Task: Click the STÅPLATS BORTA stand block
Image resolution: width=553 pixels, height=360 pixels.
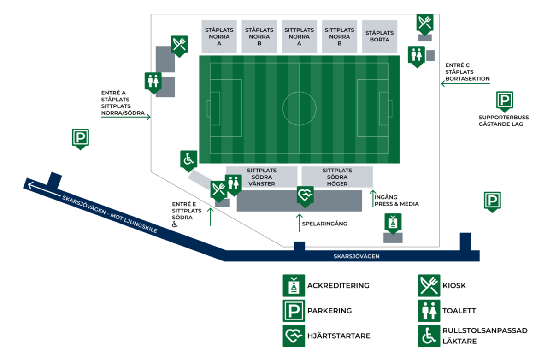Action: click(x=379, y=36)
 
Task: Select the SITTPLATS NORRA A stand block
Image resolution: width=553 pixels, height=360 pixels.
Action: click(x=299, y=36)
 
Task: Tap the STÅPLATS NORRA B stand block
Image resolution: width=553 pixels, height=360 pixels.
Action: click(x=259, y=36)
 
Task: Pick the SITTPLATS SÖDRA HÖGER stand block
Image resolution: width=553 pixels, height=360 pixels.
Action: click(x=337, y=177)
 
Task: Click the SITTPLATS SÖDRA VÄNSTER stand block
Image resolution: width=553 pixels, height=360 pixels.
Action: click(x=262, y=177)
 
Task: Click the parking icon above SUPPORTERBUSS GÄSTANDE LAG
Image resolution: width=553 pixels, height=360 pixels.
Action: click(x=505, y=101)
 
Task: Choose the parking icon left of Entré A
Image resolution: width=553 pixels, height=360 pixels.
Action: click(x=81, y=139)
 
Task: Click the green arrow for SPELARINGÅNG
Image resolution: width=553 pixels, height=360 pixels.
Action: click(x=299, y=223)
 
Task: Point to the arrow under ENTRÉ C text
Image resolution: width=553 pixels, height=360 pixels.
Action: click(x=465, y=84)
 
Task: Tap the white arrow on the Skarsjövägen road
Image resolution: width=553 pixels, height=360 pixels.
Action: click(x=44, y=190)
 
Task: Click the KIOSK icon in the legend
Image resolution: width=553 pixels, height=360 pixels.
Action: click(x=429, y=285)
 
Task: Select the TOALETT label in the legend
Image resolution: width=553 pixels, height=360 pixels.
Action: click(x=459, y=311)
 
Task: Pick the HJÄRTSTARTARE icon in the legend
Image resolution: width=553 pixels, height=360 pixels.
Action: click(x=294, y=336)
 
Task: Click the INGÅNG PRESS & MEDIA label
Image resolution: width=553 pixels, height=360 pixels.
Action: click(x=396, y=201)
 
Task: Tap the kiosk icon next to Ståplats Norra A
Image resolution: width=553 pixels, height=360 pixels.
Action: click(x=179, y=46)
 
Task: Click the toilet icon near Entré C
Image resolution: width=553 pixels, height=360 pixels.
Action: click(x=417, y=57)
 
